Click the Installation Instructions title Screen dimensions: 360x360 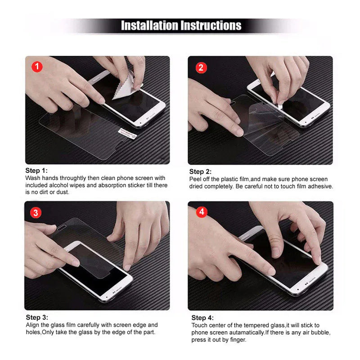(181, 25)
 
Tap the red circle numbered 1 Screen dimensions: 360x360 (38, 67)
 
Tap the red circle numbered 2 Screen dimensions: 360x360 (201, 67)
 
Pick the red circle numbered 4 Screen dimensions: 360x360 (201, 212)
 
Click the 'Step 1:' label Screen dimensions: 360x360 (36, 171)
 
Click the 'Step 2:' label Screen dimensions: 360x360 (200, 171)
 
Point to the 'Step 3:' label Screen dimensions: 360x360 (36, 317)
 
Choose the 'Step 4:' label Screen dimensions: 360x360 (202, 318)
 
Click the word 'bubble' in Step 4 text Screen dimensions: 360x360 (321, 333)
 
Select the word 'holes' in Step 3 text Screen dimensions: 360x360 (33, 332)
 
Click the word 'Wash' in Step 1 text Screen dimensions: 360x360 (33, 178)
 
